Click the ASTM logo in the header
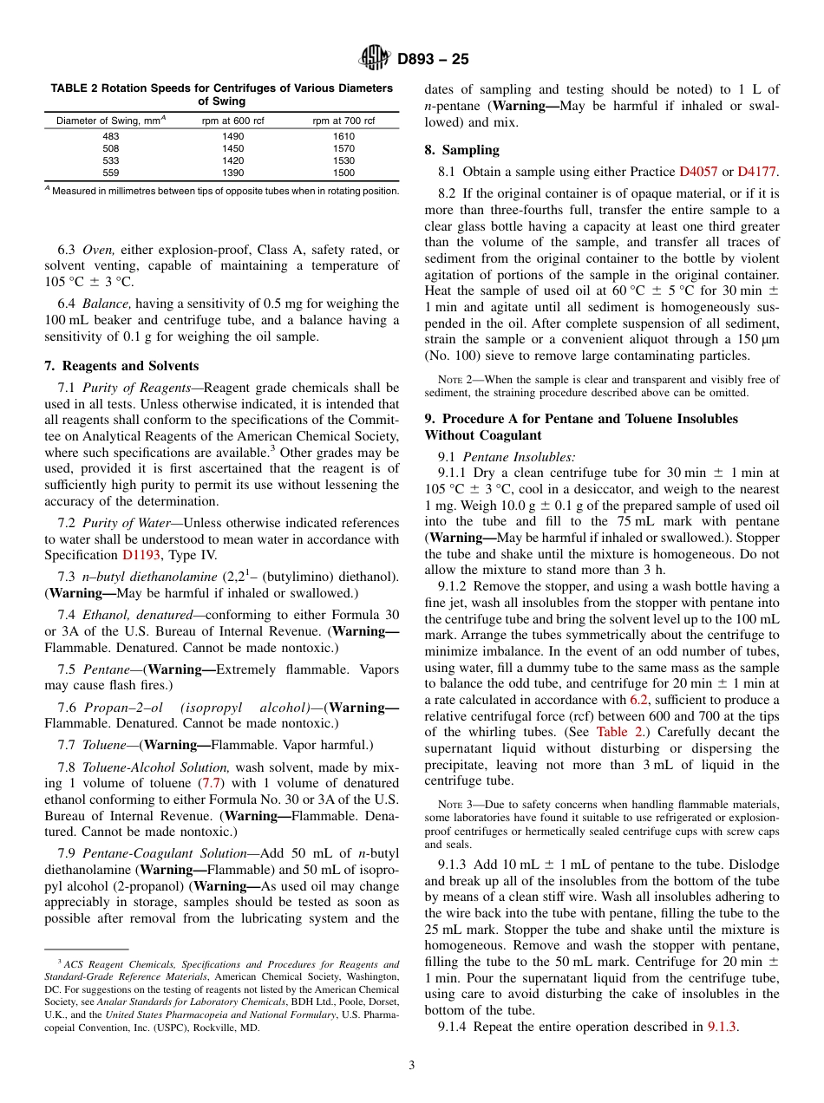376,59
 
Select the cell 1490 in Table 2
233,136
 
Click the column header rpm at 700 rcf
343,121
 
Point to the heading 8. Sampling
461,150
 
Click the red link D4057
698,172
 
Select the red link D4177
756,172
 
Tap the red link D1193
141,555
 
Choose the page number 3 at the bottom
412,1064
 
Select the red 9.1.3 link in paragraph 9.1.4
722,1027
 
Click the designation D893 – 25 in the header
433,59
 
